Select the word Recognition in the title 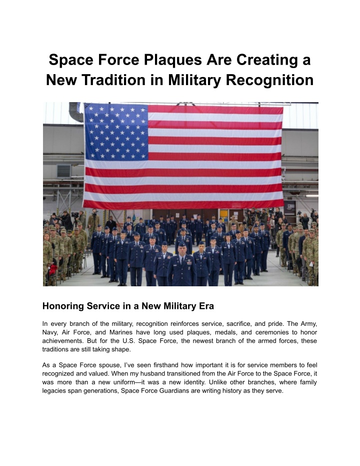(270, 80)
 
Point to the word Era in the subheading (207, 306)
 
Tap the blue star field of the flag (116, 132)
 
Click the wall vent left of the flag (64, 171)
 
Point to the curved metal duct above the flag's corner (75, 112)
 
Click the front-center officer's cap (182, 244)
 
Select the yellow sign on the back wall (224, 213)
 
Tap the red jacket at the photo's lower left (53, 270)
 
